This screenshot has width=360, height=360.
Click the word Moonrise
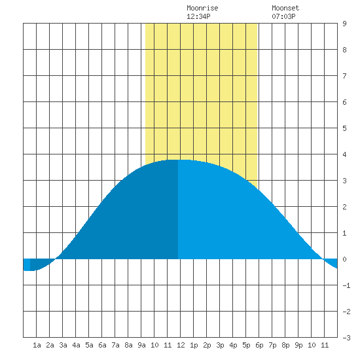point(202,9)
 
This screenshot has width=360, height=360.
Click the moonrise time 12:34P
point(198,16)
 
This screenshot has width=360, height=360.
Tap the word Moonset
point(285,9)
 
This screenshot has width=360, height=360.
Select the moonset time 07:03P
point(283,16)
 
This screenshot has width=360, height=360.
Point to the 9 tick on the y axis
point(344,24)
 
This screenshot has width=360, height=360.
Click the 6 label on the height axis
point(344,102)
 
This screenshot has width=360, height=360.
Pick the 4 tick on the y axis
point(344,154)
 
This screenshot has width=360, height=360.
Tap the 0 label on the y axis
point(344,259)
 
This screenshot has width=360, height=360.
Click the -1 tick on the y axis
point(346,285)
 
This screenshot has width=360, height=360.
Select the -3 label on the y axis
point(346,338)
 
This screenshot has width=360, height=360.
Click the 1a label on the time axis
point(37,345)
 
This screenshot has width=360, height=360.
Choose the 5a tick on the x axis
point(89,345)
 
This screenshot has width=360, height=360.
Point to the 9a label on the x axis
point(141,345)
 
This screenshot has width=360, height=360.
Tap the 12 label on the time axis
point(181,345)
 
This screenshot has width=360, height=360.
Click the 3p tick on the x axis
point(220,345)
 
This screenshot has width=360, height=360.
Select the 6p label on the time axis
point(259,345)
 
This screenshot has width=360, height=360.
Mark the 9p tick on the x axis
point(298,345)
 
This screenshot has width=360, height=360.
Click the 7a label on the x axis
point(115,345)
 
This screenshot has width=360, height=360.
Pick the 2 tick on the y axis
point(344,207)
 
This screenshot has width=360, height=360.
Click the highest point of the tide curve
point(178,160)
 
